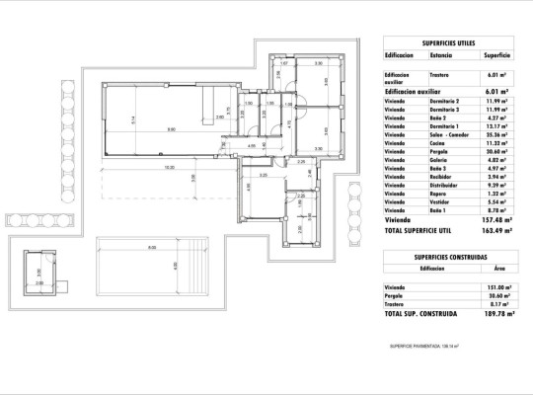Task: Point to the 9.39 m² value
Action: (x=496, y=185)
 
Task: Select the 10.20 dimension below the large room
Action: (x=169, y=167)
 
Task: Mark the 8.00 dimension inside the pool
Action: (x=151, y=247)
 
